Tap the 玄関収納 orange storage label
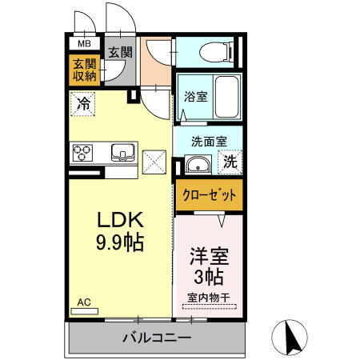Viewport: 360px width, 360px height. click(83, 70)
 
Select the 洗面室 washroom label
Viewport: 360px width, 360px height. click(209, 141)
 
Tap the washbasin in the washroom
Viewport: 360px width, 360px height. click(197, 166)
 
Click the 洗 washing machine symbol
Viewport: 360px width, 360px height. click(230, 161)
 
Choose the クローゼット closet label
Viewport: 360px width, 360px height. click(208, 194)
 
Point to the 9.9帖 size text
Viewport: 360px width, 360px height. click(121, 243)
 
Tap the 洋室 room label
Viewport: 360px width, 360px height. click(208, 258)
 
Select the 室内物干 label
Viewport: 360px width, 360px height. click(208, 298)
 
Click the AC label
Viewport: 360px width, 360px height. click(84, 302)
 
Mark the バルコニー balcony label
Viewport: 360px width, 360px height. click(157, 338)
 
